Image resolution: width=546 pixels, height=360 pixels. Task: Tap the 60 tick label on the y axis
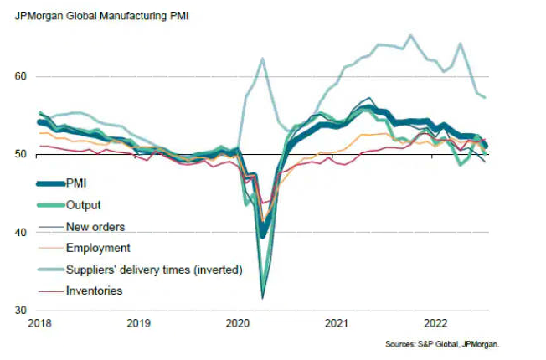(x=21, y=76)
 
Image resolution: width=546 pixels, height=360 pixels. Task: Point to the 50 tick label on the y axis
(x=21, y=154)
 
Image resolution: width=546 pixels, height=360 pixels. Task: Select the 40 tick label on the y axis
(x=21, y=232)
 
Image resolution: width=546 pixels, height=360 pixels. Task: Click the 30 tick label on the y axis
(x=21, y=310)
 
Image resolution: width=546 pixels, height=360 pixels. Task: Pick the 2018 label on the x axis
(x=39, y=323)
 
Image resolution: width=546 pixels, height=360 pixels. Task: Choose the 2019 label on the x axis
(x=138, y=323)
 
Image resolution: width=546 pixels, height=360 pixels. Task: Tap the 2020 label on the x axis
(x=237, y=323)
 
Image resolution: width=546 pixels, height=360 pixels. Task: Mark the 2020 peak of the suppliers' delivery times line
(x=262, y=58)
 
